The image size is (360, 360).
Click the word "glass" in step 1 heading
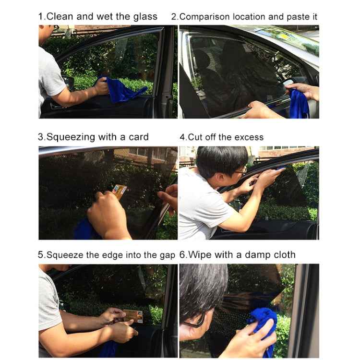[x=145, y=17]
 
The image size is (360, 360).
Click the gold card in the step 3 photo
[x=119, y=191]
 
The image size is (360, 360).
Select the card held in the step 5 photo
[x=133, y=316]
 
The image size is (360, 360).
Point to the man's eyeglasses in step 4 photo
[x=240, y=171]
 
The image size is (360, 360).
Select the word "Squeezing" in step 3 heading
[x=71, y=137]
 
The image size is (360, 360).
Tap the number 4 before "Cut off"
[x=182, y=137]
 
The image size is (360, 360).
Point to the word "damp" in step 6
[x=255, y=255]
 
